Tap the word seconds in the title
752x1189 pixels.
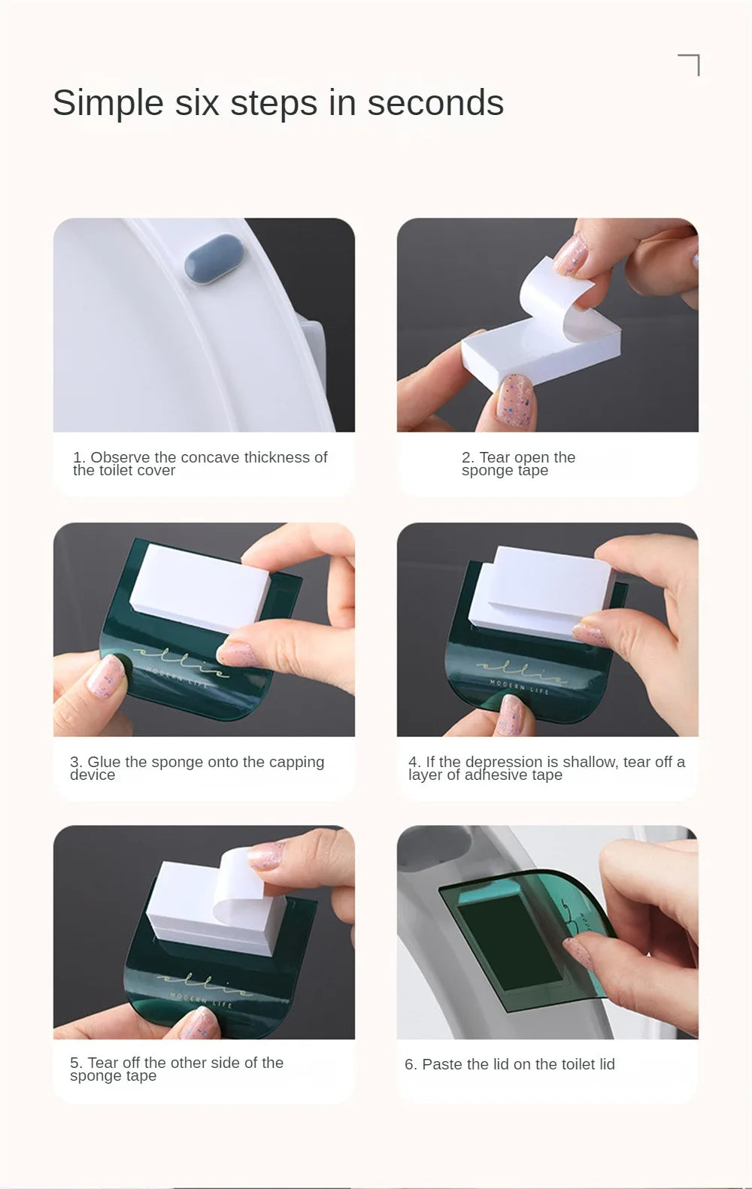pos(435,103)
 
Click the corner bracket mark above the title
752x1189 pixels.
pos(690,64)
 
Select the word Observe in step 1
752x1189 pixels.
pos(120,457)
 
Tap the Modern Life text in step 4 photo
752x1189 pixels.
pos(518,687)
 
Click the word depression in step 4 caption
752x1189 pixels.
pos(502,763)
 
